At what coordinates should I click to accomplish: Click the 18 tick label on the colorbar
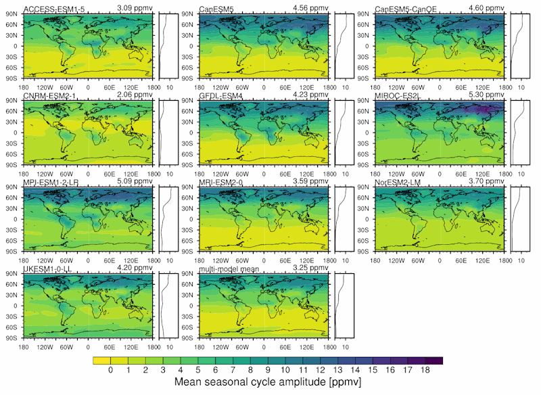pyautogui.click(x=425, y=371)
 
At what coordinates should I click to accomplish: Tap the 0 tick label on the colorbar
pyautogui.click(x=110, y=371)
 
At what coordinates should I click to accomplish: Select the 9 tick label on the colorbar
pyautogui.click(x=268, y=371)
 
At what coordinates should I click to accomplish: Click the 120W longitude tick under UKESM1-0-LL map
pyautogui.click(x=45, y=346)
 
